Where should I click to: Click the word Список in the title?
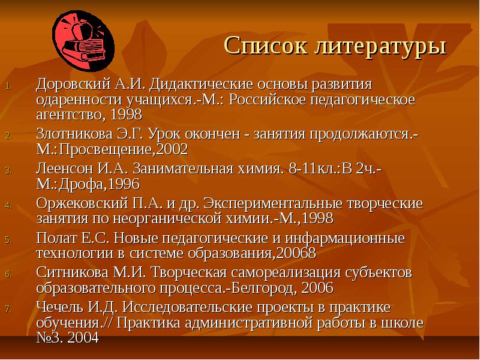click(266, 46)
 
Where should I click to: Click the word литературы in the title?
click(380, 47)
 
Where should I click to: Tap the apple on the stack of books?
click(82, 30)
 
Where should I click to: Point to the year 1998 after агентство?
click(126, 115)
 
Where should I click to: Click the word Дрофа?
click(81, 185)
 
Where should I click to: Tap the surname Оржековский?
click(82, 203)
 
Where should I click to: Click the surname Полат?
click(56, 238)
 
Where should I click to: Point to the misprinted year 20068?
click(296, 254)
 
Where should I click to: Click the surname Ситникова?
click(72, 273)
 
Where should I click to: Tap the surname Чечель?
click(59, 307)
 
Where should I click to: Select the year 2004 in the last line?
click(83, 338)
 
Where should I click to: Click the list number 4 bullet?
click(8, 205)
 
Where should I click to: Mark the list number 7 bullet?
click(8, 309)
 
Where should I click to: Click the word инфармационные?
click(345, 238)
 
